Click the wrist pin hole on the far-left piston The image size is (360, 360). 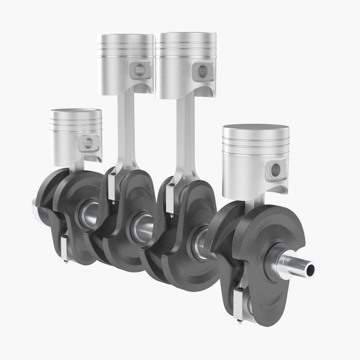(x=89, y=143)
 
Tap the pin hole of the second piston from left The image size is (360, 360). (x=139, y=69)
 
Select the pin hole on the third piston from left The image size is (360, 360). (x=199, y=70)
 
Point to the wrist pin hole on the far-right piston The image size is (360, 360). (x=275, y=170)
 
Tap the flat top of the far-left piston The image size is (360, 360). (x=76, y=112)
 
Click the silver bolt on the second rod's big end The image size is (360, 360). (x=112, y=186)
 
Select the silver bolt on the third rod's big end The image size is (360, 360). (x=170, y=198)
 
